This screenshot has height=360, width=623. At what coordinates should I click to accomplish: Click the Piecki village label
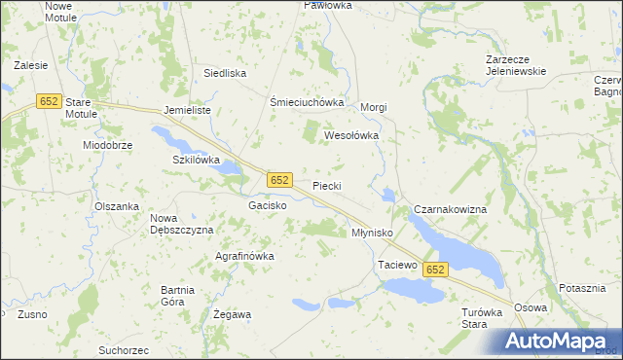pyautogui.click(x=326, y=185)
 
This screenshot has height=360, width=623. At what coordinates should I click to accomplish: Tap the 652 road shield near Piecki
pyautogui.click(x=279, y=180)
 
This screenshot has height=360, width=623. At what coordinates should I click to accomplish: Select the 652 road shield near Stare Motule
pyautogui.click(x=51, y=100)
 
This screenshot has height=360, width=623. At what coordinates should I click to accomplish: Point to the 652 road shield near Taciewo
pyautogui.click(x=435, y=270)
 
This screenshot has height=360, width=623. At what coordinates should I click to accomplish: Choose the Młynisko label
pyautogui.click(x=371, y=233)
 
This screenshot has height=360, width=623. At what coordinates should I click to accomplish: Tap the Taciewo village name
pyautogui.click(x=396, y=265)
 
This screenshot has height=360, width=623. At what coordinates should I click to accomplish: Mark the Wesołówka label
pyautogui.click(x=350, y=136)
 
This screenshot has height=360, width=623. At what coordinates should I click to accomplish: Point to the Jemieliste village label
pyautogui.click(x=188, y=110)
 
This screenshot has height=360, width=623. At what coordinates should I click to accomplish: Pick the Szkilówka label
pyautogui.click(x=197, y=159)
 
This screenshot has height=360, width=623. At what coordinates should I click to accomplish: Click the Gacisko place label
pyautogui.click(x=267, y=206)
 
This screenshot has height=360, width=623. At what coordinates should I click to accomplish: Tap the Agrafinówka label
pyautogui.click(x=244, y=256)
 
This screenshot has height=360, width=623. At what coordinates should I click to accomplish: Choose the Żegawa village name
pyautogui.click(x=232, y=314)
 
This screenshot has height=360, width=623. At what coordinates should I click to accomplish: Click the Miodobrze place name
pyautogui.click(x=107, y=144)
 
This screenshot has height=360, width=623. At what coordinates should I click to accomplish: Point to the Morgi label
pyautogui.click(x=375, y=107)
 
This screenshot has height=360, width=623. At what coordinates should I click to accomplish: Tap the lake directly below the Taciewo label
pyautogui.click(x=410, y=289)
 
